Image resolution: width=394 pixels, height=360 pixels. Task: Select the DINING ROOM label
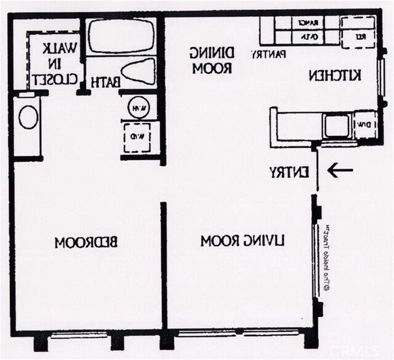[210, 60]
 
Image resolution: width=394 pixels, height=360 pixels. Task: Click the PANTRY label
[268, 54]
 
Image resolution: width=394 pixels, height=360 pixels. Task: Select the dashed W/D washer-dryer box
[138, 135]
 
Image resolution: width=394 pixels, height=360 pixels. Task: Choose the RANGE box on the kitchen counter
[308, 23]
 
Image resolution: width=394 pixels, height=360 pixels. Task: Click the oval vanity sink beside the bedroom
[28, 117]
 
